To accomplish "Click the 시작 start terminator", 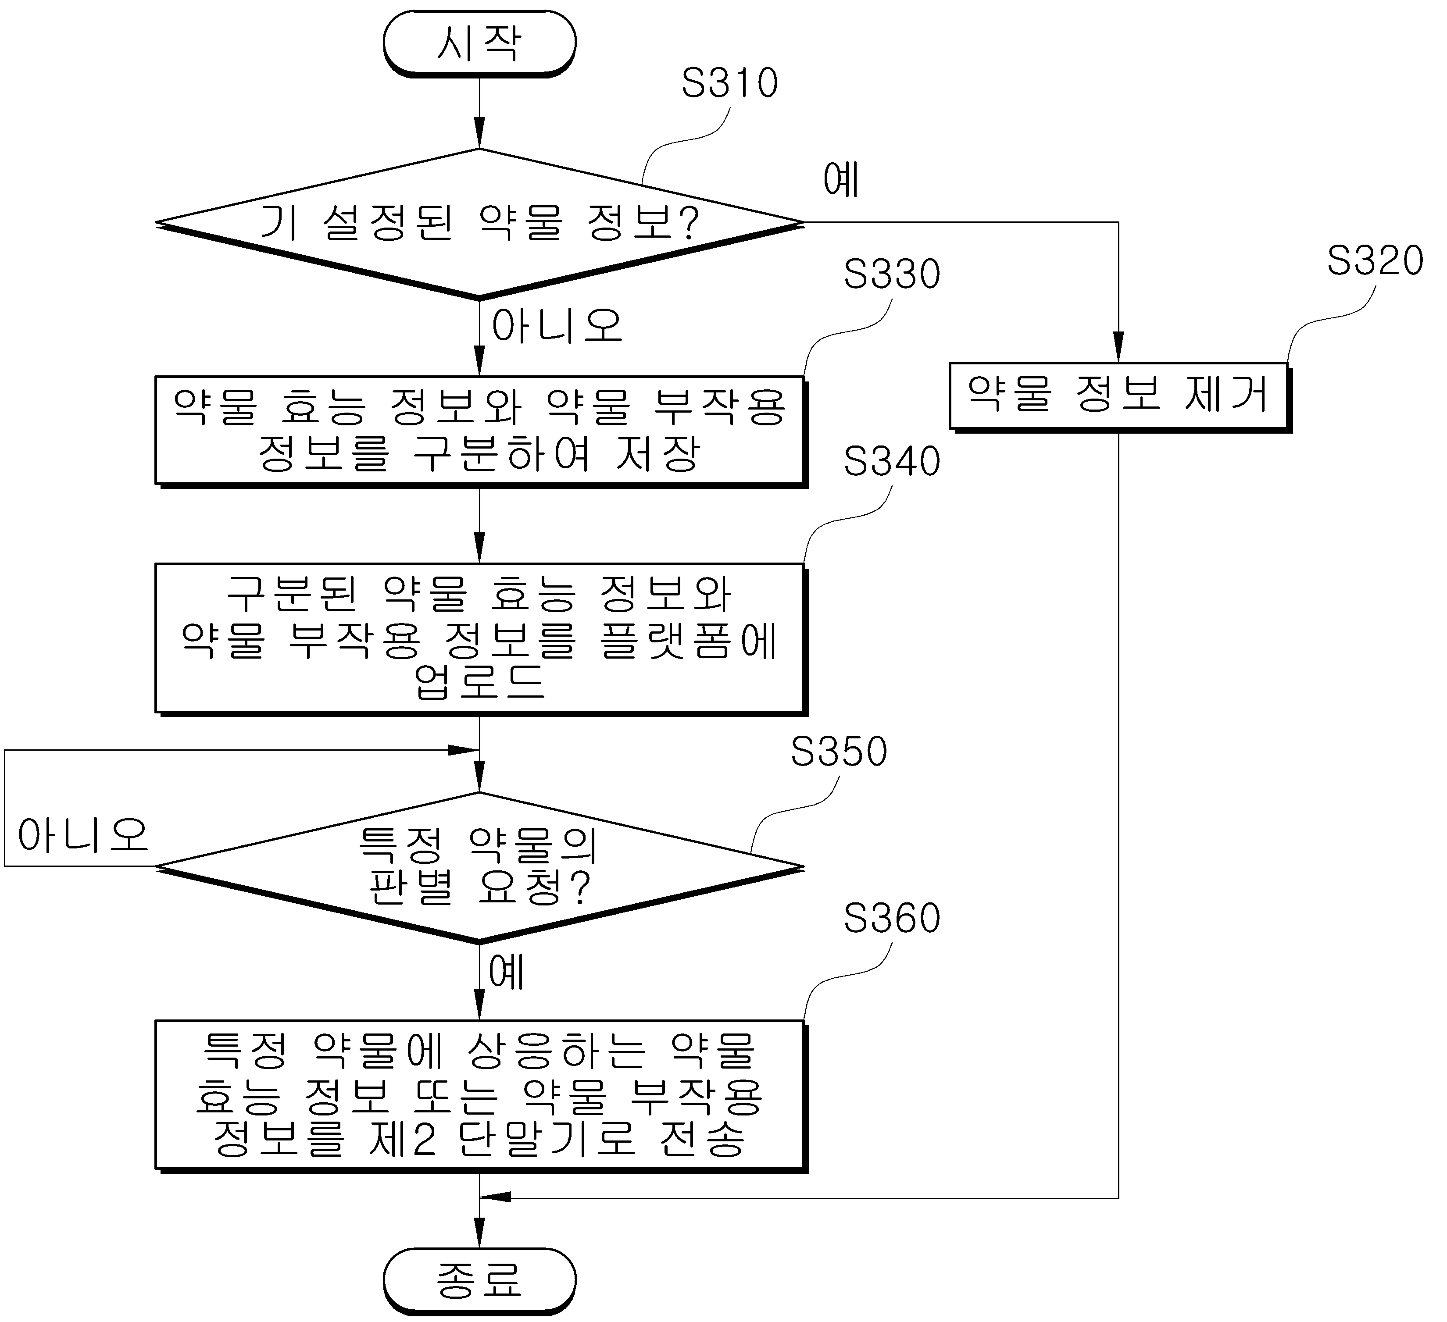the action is click(x=479, y=43).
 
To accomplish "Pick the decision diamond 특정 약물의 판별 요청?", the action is click(x=479, y=867).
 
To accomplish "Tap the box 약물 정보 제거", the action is click(x=1120, y=396).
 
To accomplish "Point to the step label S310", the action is click(x=729, y=83).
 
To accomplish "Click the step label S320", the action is click(x=1375, y=260).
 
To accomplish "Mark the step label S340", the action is click(x=891, y=461).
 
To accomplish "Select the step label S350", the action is click(x=838, y=752).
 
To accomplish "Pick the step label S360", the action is click(x=891, y=918).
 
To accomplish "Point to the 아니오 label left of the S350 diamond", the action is click(x=83, y=835).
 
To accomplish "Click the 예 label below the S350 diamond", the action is click(x=507, y=973).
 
